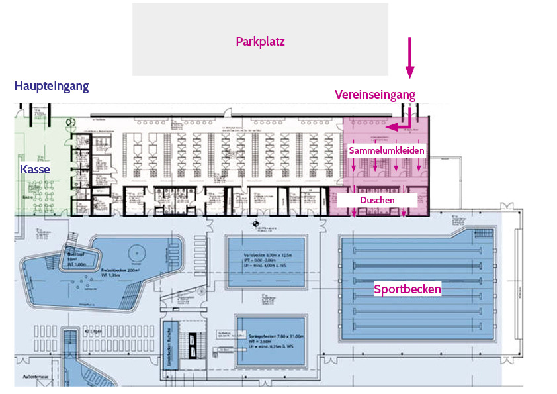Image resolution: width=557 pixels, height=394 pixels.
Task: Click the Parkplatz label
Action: pyautogui.click(x=260, y=42)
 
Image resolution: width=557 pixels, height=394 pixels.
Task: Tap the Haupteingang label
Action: pyautogui.click(x=52, y=86)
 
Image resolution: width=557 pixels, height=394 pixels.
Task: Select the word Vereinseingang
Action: pyautogui.click(x=374, y=95)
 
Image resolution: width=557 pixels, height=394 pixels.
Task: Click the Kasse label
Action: pyautogui.click(x=34, y=170)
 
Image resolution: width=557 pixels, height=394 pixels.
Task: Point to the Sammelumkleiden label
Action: pyautogui.click(x=386, y=151)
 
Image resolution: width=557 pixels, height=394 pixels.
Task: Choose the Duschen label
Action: pyautogui.click(x=377, y=199)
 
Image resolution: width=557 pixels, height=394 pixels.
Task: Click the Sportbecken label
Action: pyautogui.click(x=407, y=289)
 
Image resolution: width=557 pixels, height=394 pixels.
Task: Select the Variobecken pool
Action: pyautogui.click(x=267, y=262)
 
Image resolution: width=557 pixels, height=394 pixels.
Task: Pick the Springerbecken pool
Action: pyautogui.click(x=271, y=341)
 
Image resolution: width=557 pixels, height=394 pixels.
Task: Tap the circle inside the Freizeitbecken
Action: pyautogui.click(x=136, y=252)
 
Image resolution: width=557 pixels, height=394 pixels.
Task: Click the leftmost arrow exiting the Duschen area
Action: pyautogui.click(x=354, y=212)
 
